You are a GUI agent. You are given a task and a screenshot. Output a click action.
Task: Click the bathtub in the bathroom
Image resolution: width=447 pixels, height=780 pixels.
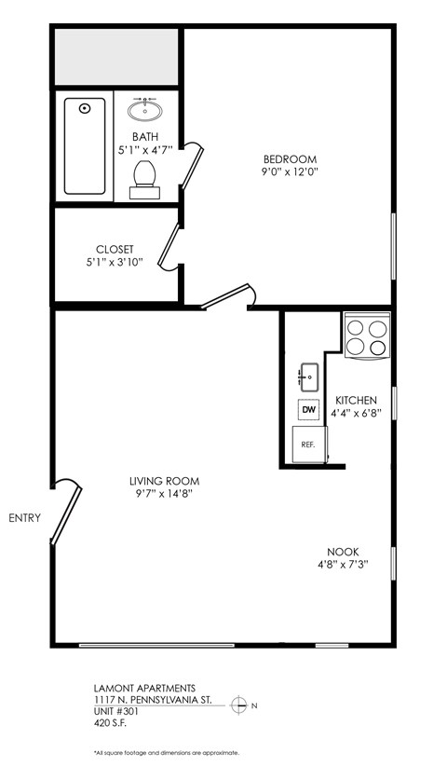point(85,146)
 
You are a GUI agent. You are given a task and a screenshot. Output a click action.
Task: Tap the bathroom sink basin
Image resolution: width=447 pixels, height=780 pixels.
point(146,111)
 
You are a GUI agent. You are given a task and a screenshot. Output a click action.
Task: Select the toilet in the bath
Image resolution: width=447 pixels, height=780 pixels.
point(143,178)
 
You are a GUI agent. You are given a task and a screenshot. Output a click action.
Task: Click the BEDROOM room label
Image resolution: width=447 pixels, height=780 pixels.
point(290,158)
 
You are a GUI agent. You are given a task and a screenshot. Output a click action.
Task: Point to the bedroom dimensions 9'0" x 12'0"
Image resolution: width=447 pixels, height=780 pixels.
point(290,171)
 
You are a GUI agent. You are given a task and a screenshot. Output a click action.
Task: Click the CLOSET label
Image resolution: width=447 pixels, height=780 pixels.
point(115,249)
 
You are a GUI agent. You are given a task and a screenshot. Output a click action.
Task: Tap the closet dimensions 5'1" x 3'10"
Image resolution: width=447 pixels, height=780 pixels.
point(115,262)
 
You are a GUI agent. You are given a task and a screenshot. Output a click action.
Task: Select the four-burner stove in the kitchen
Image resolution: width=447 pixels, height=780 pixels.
point(366,337)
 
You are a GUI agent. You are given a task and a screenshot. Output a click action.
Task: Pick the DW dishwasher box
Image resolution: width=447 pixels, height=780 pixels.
point(307,409)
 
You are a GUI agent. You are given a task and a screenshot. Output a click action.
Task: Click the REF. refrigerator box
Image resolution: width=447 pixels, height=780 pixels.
point(307,445)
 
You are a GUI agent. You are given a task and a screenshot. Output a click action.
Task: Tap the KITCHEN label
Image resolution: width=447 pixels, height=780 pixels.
point(357,400)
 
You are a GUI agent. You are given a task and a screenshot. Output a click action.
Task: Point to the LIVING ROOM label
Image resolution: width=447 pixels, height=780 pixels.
point(165,481)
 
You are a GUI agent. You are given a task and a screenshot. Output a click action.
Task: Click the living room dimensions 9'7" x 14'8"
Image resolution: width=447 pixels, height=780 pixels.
point(165,494)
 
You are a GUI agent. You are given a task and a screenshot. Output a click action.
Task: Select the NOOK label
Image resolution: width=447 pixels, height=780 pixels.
point(343,552)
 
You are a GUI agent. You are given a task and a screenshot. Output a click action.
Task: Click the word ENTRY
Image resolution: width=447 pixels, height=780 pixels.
point(24,518)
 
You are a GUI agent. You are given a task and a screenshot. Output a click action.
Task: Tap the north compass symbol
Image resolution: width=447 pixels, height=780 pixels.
point(239,705)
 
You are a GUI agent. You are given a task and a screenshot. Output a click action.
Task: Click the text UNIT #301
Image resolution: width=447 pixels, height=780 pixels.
point(116,709)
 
